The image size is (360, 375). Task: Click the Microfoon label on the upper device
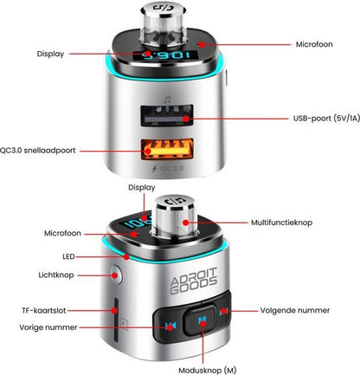click(314, 44)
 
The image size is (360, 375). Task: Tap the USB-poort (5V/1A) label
click(326, 119)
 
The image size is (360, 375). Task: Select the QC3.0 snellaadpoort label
click(37, 151)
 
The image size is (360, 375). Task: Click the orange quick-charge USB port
click(167, 149)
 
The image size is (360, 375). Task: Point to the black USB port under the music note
click(167, 115)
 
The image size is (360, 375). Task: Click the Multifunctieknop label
click(281, 223)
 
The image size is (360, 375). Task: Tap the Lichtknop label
click(56, 275)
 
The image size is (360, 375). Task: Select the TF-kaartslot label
click(44, 311)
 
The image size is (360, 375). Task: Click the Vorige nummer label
click(48, 327)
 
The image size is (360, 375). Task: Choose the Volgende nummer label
click(295, 310)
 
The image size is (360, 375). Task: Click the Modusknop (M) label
click(208, 371)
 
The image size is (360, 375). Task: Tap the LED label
click(68, 256)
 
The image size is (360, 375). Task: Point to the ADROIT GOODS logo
click(194, 281)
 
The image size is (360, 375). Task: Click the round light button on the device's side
click(116, 275)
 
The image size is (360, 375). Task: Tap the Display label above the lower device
click(142, 188)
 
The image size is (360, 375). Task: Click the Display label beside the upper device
click(50, 54)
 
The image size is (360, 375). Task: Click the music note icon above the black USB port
click(167, 100)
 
